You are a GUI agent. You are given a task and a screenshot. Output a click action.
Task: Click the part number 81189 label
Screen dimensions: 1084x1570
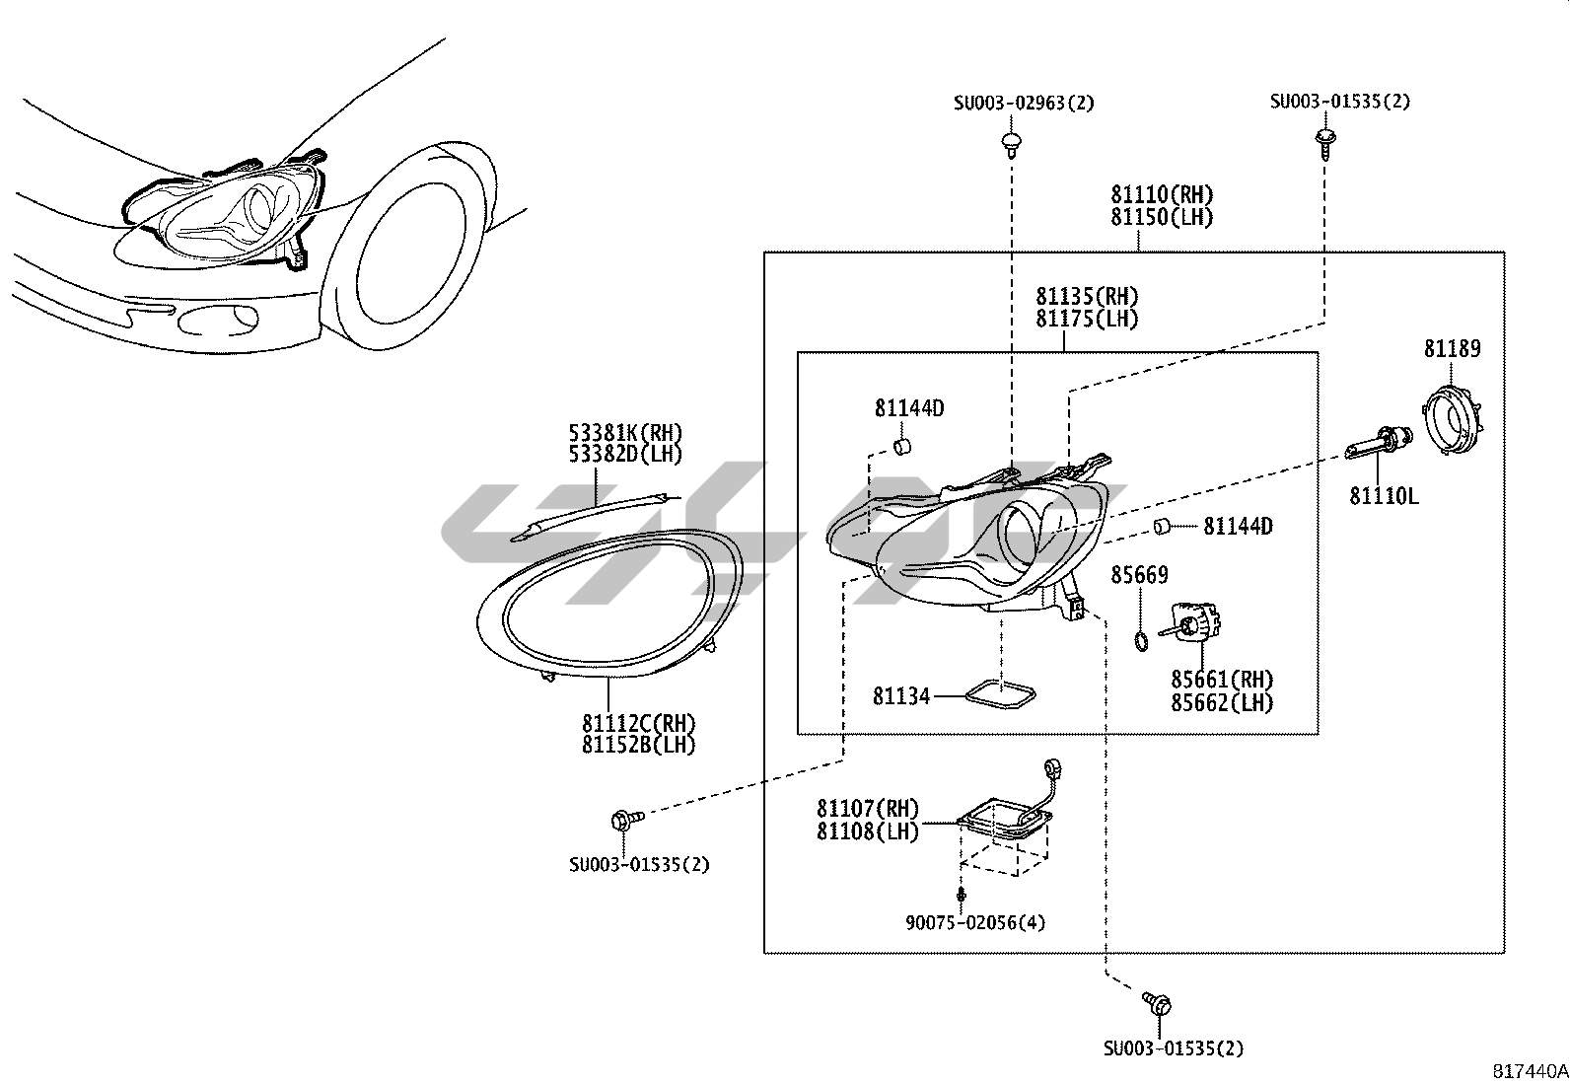coord(1452,349)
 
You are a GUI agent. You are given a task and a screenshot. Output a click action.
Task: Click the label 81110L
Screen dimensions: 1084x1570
coord(1384,496)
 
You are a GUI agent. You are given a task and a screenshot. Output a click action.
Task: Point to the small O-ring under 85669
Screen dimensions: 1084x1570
coord(1141,643)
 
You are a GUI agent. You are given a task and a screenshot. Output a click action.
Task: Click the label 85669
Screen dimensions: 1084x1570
coord(1139,575)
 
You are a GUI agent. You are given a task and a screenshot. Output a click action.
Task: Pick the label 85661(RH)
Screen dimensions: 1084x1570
coord(1222,680)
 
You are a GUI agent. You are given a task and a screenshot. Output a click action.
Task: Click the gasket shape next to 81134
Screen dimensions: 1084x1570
coord(999,696)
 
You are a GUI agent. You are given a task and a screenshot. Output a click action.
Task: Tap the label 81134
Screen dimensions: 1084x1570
coord(901,696)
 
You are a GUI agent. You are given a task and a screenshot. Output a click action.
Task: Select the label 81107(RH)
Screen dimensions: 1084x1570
coord(867,809)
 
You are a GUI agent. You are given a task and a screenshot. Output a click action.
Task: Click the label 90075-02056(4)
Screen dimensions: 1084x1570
coord(975,923)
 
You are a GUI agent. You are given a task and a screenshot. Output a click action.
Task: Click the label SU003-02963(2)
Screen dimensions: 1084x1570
coord(1024,103)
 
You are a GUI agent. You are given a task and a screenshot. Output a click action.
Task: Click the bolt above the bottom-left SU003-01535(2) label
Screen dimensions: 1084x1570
coord(625,819)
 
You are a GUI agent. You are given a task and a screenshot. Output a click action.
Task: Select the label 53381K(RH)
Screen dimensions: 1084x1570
coord(625,432)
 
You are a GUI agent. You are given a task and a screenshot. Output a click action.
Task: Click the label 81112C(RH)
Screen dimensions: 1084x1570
coord(638,723)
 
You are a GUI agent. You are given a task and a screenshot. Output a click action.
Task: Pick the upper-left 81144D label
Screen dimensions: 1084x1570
coord(908,407)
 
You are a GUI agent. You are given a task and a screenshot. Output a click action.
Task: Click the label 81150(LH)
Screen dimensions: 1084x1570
coord(1162,217)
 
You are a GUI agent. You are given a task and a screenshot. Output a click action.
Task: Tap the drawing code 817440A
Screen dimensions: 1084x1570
coord(1529,1070)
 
